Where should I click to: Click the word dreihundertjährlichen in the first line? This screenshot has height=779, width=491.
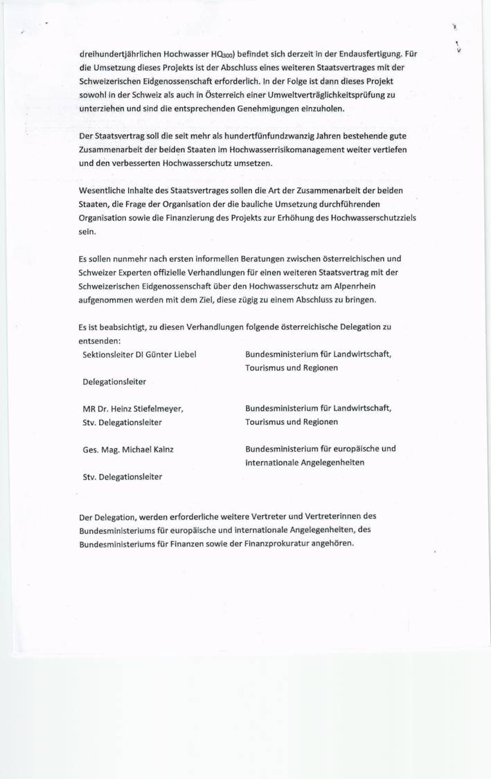[119, 54]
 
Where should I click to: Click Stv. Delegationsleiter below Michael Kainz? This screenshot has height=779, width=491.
[123, 476]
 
